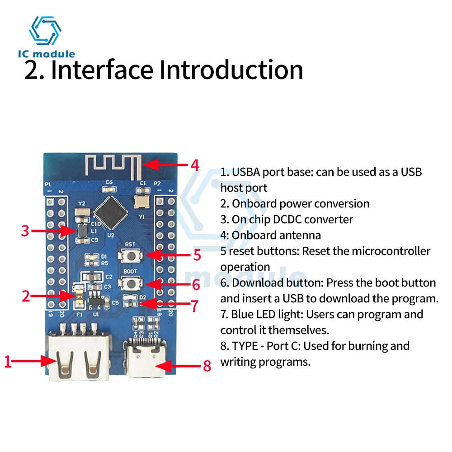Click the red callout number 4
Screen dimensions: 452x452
(x=195, y=165)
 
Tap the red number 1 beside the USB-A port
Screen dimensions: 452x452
(x=7, y=362)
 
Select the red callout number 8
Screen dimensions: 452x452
(x=207, y=365)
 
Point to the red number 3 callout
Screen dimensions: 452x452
(x=25, y=231)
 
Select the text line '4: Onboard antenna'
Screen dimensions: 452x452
(x=271, y=235)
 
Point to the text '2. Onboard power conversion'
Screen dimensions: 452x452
(x=295, y=203)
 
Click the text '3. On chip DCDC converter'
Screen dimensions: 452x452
(x=287, y=219)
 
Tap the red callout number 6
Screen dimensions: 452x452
(x=196, y=285)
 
